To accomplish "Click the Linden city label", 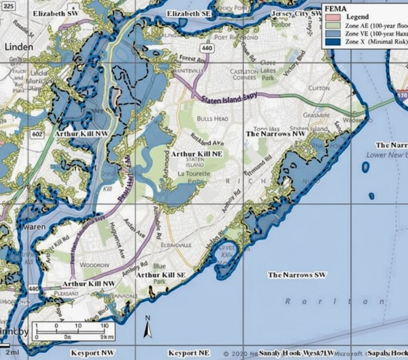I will pyautogui.click(x=19, y=47).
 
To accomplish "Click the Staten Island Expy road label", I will pyautogui.click(x=229, y=98).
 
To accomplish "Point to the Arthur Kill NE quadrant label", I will pyautogui.click(x=196, y=153).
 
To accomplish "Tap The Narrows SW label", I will pyautogui.click(x=297, y=275).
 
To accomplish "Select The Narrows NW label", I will pyautogui.click(x=275, y=134).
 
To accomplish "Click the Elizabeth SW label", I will pyautogui.click(x=56, y=14).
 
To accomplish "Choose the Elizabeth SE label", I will pyautogui.click(x=189, y=14).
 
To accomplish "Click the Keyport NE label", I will pyautogui.click(x=189, y=353).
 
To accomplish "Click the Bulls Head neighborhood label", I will pyautogui.click(x=212, y=119).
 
